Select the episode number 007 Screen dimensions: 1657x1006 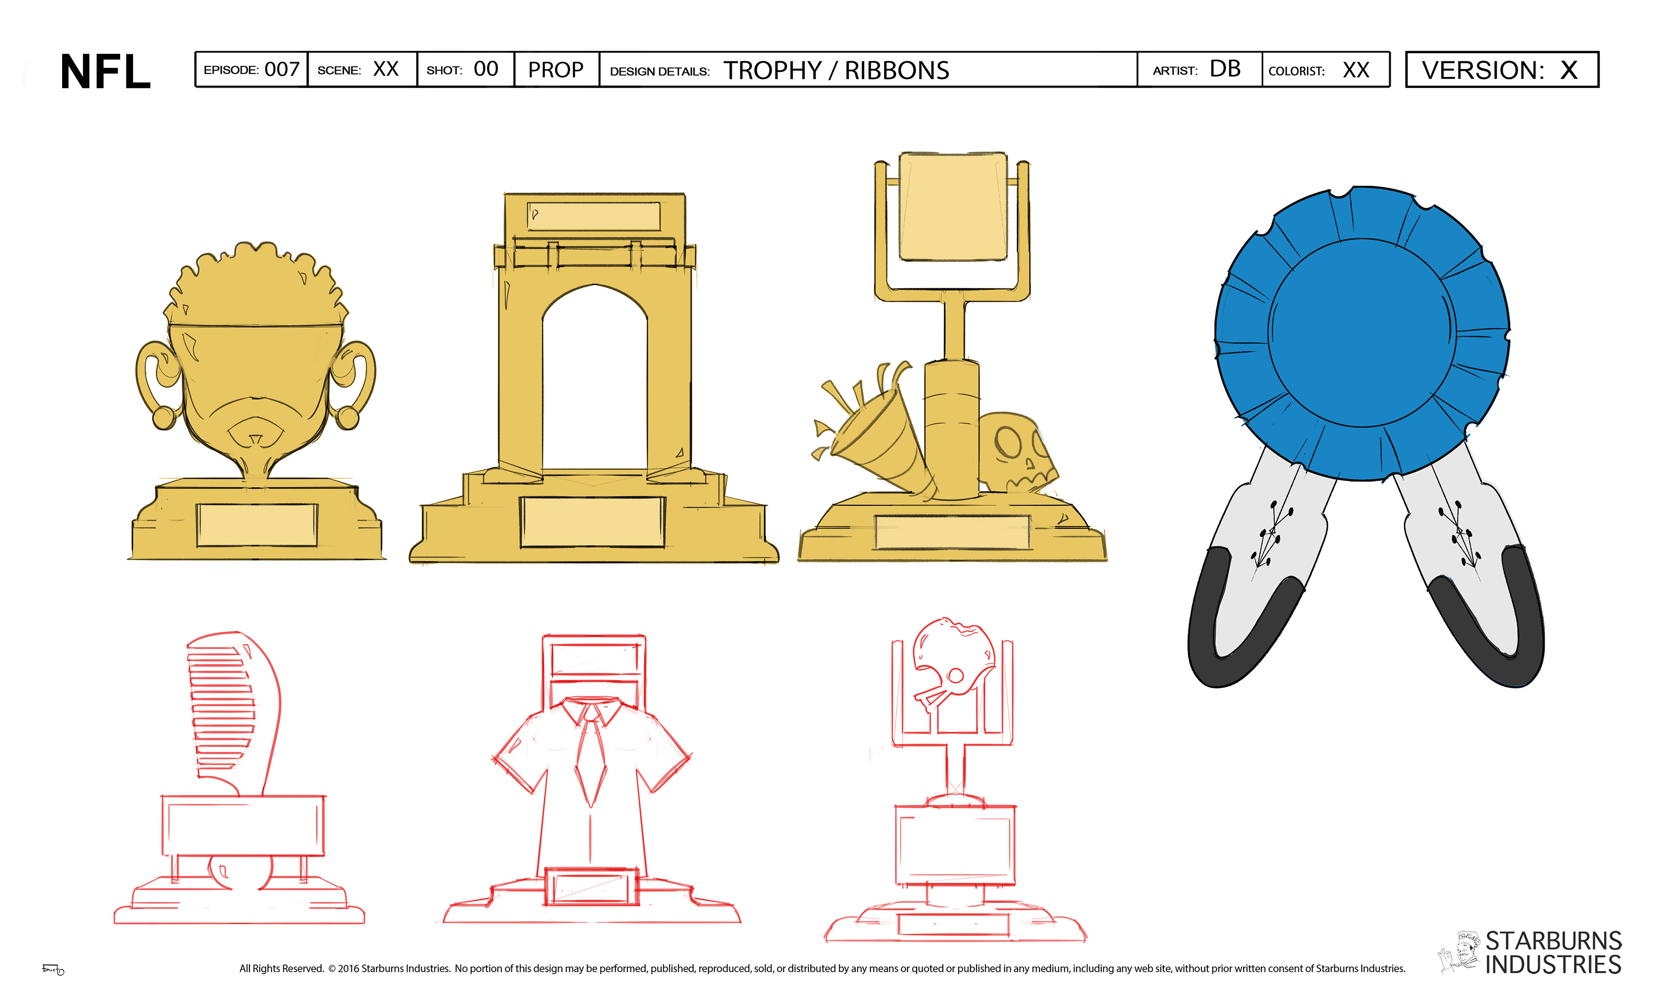282,69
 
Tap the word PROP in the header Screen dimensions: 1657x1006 555,70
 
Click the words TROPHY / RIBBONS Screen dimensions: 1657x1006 836,70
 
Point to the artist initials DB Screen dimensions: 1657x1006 1225,69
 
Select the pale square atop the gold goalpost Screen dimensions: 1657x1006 953,206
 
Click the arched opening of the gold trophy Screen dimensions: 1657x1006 595,377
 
